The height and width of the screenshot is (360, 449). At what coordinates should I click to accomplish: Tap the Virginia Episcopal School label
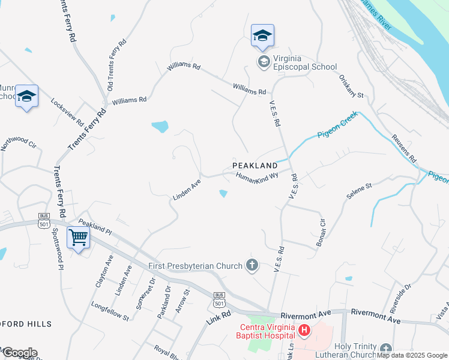pyautogui.click(x=297, y=62)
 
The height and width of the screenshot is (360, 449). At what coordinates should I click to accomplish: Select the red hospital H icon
pyautogui.click(x=305, y=330)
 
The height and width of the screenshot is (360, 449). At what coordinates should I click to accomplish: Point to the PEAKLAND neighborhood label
pyautogui.click(x=255, y=166)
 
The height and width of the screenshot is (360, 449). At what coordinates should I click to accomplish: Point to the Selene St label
pyautogui.click(x=360, y=191)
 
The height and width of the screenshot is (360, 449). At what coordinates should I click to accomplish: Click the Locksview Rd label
pyautogui.click(x=67, y=112)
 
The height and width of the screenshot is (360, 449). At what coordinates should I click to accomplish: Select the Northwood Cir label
pyautogui.click(x=19, y=142)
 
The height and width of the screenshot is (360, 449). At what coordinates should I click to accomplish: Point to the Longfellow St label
pyautogui.click(x=110, y=311)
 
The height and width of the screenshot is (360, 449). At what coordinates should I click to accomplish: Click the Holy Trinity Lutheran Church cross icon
pyautogui.click(x=385, y=347)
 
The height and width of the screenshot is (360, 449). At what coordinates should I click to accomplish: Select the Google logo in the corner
pyautogui.click(x=19, y=353)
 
